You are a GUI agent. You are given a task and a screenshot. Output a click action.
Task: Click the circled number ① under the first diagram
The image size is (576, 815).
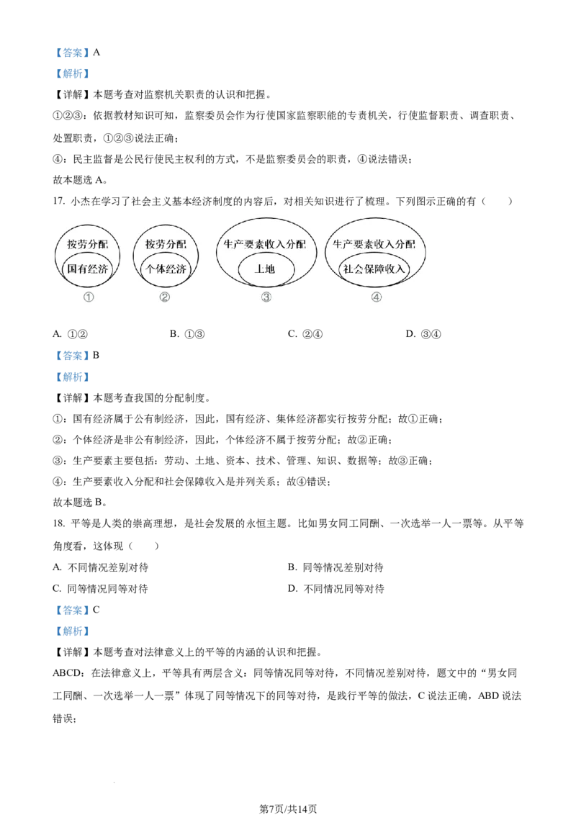coord(89,297)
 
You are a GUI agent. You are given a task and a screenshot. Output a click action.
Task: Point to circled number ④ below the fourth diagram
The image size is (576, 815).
coord(377,297)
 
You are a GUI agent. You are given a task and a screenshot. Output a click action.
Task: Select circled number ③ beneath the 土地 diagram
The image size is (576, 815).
coord(266,297)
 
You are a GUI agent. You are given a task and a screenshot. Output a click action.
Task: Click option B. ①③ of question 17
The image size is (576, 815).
coord(187,334)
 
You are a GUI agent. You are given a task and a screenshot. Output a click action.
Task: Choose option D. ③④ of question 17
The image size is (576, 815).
coord(423,334)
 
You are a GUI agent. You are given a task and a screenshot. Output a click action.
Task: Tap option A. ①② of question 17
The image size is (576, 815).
coord(70,334)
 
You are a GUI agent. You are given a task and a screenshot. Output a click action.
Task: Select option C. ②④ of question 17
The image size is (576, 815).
coord(305,334)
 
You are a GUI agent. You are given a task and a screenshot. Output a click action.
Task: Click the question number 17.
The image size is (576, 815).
coord(58,202)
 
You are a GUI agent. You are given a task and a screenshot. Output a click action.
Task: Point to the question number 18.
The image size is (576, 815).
coord(58,524)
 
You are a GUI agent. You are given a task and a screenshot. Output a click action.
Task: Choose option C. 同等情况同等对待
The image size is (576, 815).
coord(100,589)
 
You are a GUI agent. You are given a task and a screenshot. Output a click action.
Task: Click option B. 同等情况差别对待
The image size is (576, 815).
coord(336,567)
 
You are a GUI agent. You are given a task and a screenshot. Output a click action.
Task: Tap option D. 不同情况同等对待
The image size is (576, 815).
coord(336,589)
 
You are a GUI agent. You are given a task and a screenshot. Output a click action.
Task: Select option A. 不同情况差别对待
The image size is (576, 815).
coord(101,567)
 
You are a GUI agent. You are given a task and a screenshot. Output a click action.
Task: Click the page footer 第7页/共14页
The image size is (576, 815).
coord(288,809)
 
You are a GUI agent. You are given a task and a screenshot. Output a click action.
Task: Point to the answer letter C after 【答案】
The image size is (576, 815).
coord(96,610)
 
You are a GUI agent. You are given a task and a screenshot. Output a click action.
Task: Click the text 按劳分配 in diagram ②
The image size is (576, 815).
coord(166,244)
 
